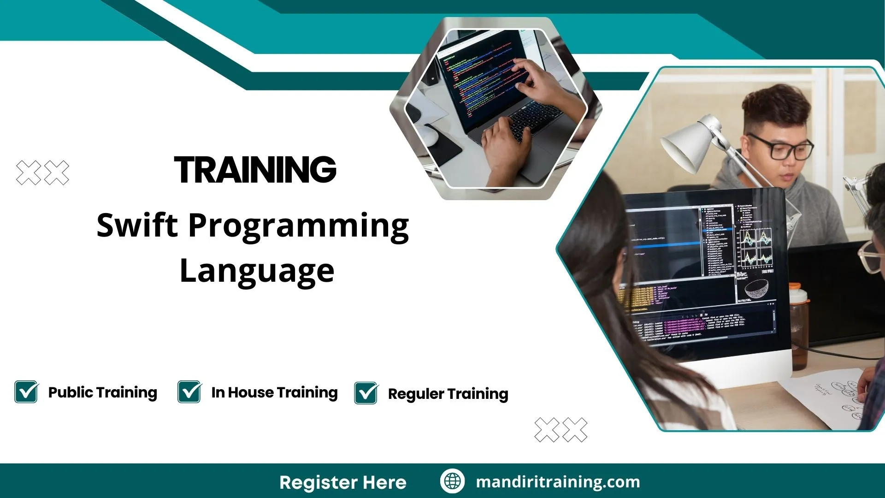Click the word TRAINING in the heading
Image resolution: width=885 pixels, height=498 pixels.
pos(255,170)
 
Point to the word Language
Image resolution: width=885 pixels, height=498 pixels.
pos(257,271)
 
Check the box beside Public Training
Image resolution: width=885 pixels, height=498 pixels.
pos(26,392)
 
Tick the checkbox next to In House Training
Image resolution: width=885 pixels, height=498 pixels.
pos(189,392)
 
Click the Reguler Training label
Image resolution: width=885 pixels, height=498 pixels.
pos(448,394)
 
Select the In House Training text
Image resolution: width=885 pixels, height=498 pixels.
pos(274,392)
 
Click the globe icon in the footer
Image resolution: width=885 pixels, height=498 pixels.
pos(452,481)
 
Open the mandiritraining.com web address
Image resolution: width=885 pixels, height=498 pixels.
pos(558,482)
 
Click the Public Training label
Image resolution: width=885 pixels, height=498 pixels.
pos(102,392)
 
